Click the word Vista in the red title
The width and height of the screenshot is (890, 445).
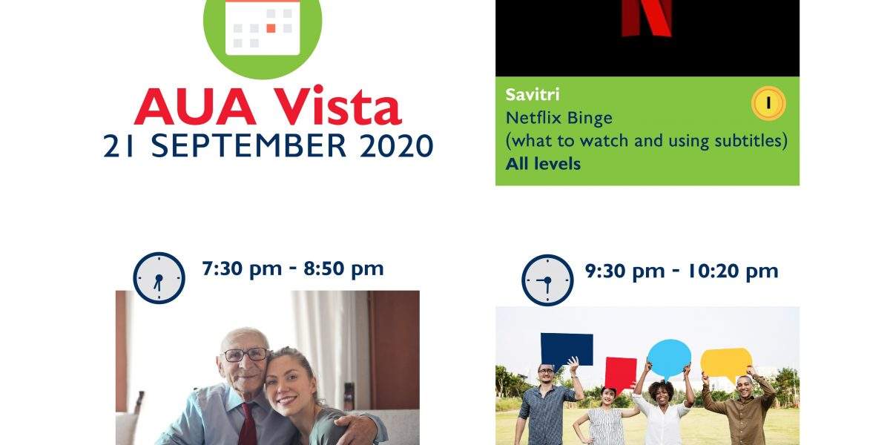(x=337, y=106)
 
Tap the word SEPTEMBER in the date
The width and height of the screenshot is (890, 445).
(x=248, y=145)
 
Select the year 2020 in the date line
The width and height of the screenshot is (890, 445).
(x=396, y=145)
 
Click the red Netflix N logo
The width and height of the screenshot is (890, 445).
(x=647, y=19)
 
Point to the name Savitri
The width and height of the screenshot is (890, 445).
(x=533, y=95)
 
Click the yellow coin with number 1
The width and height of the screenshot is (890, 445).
(x=768, y=103)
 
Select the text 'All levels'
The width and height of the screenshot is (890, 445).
(x=543, y=164)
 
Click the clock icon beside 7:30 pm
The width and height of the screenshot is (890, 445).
(x=159, y=277)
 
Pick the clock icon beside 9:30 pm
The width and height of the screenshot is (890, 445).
(x=547, y=280)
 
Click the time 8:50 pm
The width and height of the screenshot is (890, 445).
(x=343, y=269)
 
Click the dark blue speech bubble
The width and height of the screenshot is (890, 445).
(x=566, y=349)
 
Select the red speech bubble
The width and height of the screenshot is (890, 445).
(x=620, y=374)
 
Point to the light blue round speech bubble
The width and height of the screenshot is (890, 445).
(x=669, y=357)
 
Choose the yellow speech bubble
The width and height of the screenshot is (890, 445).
(x=726, y=362)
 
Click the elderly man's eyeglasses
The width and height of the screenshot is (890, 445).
(x=245, y=355)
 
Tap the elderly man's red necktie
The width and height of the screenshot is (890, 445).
(x=248, y=424)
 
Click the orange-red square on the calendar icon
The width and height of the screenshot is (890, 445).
(x=271, y=28)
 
